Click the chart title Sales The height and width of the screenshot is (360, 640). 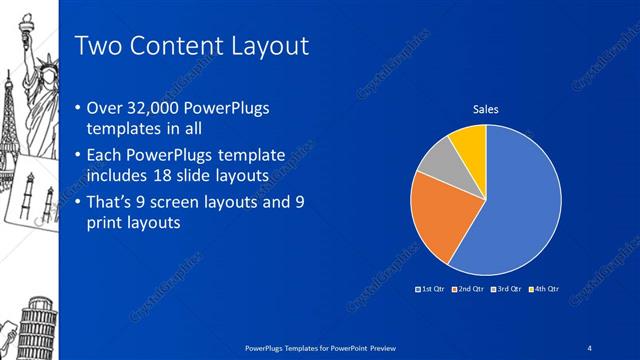coord(485,109)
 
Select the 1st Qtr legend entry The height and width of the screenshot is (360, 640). coord(431,289)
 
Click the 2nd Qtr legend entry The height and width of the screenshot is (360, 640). coord(469,289)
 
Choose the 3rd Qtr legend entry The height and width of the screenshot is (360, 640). coord(507,289)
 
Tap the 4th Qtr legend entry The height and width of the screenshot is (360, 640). coord(545,289)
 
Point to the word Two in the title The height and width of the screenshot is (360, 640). coord(98,45)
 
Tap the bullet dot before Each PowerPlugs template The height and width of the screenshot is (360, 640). coord(80,156)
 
